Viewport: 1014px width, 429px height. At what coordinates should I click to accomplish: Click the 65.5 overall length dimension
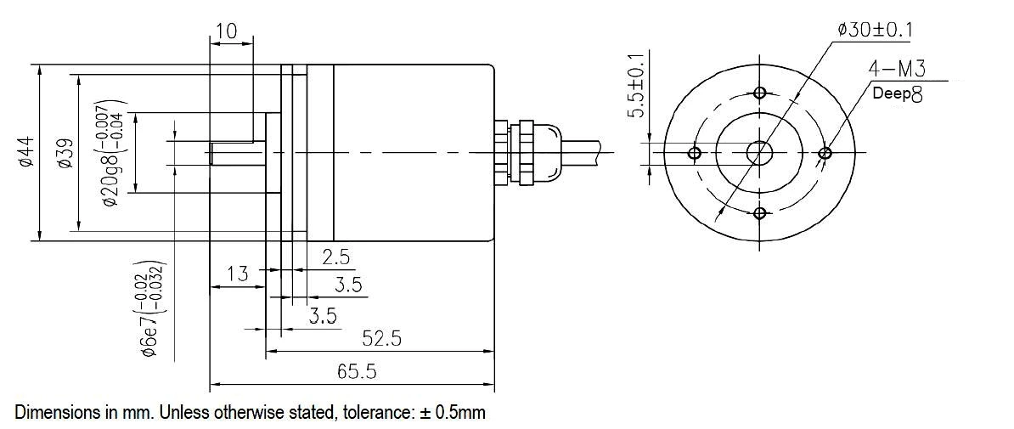click(x=358, y=371)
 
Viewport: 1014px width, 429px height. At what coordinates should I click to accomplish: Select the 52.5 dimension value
click(x=381, y=338)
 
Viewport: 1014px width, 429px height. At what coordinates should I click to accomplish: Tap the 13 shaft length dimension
click(x=238, y=274)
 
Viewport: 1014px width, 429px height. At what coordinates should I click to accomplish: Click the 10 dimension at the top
click(x=227, y=31)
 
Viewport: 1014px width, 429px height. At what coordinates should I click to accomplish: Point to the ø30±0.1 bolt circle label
click(x=875, y=30)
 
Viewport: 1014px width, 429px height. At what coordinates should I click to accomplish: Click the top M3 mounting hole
click(x=759, y=93)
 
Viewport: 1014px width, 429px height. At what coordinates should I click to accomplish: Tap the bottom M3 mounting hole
click(x=759, y=212)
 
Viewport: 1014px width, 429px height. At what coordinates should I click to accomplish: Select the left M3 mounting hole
click(x=695, y=153)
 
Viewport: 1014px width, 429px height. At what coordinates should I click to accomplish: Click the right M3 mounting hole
click(x=824, y=153)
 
